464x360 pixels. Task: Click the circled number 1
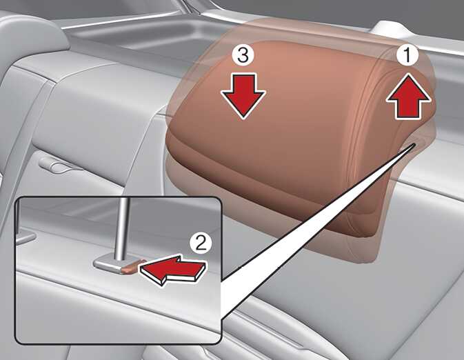[407, 55]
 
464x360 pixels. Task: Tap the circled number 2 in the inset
[201, 243]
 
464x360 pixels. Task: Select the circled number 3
[243, 55]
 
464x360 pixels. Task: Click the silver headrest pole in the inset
[123, 228]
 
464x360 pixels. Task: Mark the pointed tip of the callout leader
[414, 143]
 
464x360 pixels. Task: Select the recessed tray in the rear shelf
[139, 37]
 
